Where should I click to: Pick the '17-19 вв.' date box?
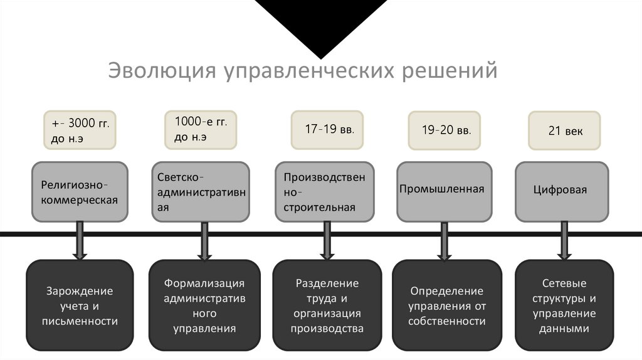click(x=329, y=130)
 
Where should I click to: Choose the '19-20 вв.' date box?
click(x=444, y=130)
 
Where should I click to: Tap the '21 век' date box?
click(x=564, y=130)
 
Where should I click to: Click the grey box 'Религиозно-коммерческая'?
click(x=80, y=192)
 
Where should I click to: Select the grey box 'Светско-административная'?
click(x=200, y=192)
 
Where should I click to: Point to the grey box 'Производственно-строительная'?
click(x=324, y=192)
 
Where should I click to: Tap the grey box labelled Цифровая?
click(x=562, y=192)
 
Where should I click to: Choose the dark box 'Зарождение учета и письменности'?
click(x=80, y=305)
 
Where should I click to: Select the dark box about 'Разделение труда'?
click(x=327, y=305)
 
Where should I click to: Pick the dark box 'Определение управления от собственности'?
click(x=447, y=305)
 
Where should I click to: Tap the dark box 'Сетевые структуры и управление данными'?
click(x=564, y=305)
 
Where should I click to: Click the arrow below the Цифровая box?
click(x=564, y=241)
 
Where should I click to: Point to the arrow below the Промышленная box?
click(x=445, y=241)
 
